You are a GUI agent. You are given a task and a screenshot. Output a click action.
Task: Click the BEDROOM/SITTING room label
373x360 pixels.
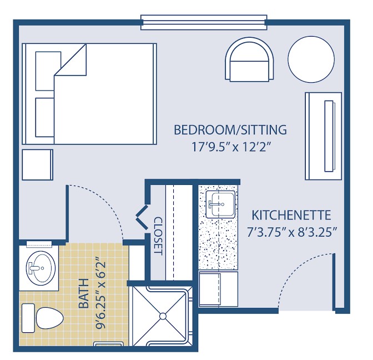tap(230, 130)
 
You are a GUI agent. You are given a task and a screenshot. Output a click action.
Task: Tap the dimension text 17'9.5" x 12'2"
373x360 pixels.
tap(231, 147)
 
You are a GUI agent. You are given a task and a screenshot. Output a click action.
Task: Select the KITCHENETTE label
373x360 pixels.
tap(291, 215)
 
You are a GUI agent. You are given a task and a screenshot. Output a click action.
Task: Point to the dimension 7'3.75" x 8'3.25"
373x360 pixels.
tap(292, 232)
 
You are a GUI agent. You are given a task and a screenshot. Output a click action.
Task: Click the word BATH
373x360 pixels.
tap(84, 293)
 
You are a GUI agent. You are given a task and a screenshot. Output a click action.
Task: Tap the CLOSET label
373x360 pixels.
tap(158, 236)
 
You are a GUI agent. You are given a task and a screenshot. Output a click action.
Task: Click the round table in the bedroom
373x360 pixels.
tap(311, 59)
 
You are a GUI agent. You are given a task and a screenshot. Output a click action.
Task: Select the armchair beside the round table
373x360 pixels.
tap(249, 62)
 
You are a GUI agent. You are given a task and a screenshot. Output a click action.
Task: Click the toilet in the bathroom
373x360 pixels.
tap(43, 318)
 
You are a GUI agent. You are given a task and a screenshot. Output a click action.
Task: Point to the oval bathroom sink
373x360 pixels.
tap(41, 268)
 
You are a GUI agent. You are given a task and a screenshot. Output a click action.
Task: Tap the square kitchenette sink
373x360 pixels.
tap(220, 204)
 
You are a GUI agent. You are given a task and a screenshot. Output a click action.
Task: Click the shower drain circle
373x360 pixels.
tap(163, 317)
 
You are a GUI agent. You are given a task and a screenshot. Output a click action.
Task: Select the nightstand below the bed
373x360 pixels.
tap(37, 165)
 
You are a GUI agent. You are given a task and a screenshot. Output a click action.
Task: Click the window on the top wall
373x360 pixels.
tap(204, 22)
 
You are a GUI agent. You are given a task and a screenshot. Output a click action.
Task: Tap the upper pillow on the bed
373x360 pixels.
tap(48, 71)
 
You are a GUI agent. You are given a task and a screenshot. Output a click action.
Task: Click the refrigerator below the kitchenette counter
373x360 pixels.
tap(218, 289)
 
